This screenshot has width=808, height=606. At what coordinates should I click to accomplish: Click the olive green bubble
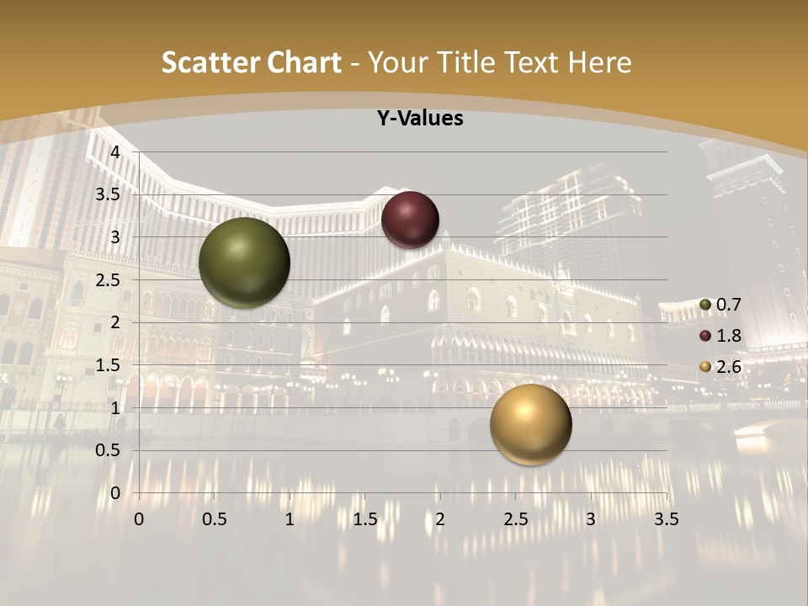tap(244, 263)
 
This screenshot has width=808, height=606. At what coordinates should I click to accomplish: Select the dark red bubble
tap(410, 220)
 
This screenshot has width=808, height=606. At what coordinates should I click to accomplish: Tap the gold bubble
tap(530, 424)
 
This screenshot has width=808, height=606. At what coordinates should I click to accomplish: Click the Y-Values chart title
tap(419, 119)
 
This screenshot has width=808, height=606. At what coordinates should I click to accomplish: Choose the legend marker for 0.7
tap(705, 305)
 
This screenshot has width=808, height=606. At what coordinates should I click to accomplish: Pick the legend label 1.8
tap(729, 336)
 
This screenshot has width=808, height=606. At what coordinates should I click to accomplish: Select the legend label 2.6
tap(729, 366)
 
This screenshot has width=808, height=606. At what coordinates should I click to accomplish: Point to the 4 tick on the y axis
tap(116, 151)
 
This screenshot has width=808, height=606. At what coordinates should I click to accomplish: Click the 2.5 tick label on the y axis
tap(109, 279)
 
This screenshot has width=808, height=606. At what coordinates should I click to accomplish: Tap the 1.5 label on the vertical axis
tap(109, 365)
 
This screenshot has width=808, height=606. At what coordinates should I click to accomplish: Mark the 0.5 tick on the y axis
tap(109, 450)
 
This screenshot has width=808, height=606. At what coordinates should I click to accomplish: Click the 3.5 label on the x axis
tap(666, 519)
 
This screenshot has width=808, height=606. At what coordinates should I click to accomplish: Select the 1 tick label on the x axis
tap(290, 519)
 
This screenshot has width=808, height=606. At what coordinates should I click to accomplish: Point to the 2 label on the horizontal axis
tap(440, 519)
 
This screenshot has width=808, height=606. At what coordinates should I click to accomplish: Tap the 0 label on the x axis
tap(139, 519)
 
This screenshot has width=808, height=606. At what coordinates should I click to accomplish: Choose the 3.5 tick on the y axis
tap(109, 194)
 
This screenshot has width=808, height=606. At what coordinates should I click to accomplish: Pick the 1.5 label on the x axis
tap(364, 519)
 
